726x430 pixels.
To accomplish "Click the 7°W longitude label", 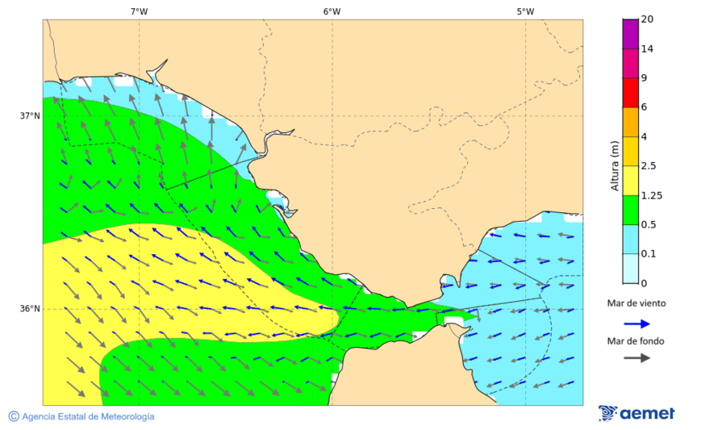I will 139,11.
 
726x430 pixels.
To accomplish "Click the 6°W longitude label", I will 332,11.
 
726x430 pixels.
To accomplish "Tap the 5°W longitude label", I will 525,11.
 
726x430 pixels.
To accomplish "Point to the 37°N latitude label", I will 30,115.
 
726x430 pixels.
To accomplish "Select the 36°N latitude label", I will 30,308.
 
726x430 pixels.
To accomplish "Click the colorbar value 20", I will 647,19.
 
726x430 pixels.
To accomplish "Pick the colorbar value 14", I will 647,49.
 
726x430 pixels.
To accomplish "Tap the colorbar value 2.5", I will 649,166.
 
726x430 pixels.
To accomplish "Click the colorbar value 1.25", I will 651,195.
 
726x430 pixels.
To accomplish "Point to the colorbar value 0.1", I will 649,254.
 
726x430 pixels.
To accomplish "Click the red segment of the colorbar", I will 630,93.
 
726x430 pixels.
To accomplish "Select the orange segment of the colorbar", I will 630,122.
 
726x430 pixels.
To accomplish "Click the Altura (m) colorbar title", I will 615,166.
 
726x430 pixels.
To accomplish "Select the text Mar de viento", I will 636,303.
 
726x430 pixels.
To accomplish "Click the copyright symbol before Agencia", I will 14,416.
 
